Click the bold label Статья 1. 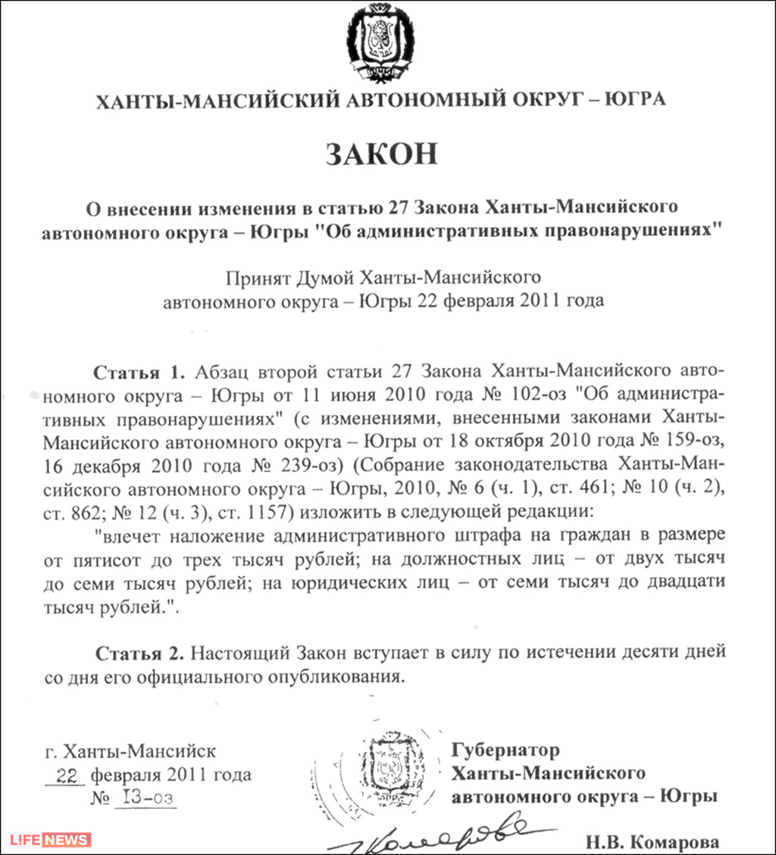tap(139, 372)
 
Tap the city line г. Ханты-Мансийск tap(130, 752)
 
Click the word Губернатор tap(505, 750)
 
